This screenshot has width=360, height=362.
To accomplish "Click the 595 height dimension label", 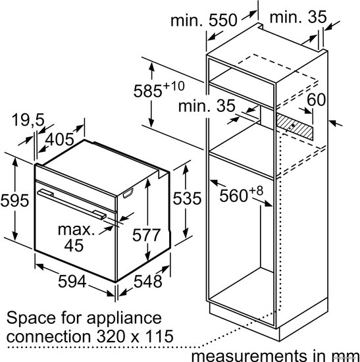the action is coord(14,200).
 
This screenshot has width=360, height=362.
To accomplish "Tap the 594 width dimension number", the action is coord(72,281).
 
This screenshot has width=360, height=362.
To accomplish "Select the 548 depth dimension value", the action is coord(148,282).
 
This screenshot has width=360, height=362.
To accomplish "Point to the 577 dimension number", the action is coord(146,235).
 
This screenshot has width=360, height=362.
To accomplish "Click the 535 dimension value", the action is coord(187,198).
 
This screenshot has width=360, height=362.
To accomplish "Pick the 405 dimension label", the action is coord(60,140).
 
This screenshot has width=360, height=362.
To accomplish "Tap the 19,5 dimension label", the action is coord(28,120).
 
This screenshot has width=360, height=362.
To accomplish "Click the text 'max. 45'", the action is coord(76,238).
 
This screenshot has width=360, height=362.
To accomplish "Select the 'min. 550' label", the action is coord(203,20).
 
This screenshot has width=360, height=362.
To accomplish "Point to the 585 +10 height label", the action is coord(159,89).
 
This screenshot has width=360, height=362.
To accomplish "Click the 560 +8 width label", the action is coord(241,194).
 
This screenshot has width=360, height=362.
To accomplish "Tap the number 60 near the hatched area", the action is coord(316,100).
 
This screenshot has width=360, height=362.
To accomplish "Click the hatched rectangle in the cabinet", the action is coord(295,126).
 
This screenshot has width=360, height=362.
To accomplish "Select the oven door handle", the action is coord(72,203).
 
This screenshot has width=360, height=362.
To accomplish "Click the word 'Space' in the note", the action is coord(31,319).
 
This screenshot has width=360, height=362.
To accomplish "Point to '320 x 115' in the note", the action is coord(135,336).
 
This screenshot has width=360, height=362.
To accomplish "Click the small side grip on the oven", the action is coord(128,193).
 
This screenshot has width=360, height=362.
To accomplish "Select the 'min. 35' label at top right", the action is coord(298,16).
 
